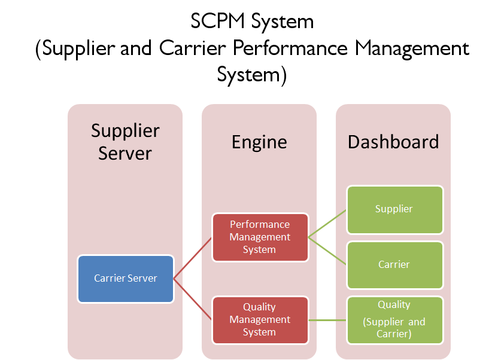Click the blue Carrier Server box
tap(126, 278)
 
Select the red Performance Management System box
tap(260, 237)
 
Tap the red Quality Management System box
tap(260, 319)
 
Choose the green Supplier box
tap(394, 209)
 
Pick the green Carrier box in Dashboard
tap(394, 264)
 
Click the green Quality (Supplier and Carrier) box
tap(394, 319)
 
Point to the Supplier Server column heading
tap(125, 142)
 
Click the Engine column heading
tap(259, 142)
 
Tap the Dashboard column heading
tap(393, 142)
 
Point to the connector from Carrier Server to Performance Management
tap(193, 258)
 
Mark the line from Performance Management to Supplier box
tap(327, 224)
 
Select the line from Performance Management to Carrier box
tap(327, 251)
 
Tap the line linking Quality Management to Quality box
tap(327, 320)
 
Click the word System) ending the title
tap(252, 75)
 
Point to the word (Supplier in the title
tap(75, 49)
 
